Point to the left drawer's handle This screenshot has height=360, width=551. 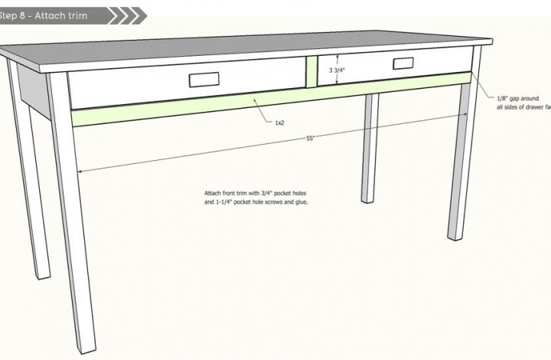tap(201, 80)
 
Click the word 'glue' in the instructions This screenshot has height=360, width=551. tap(298, 202)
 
